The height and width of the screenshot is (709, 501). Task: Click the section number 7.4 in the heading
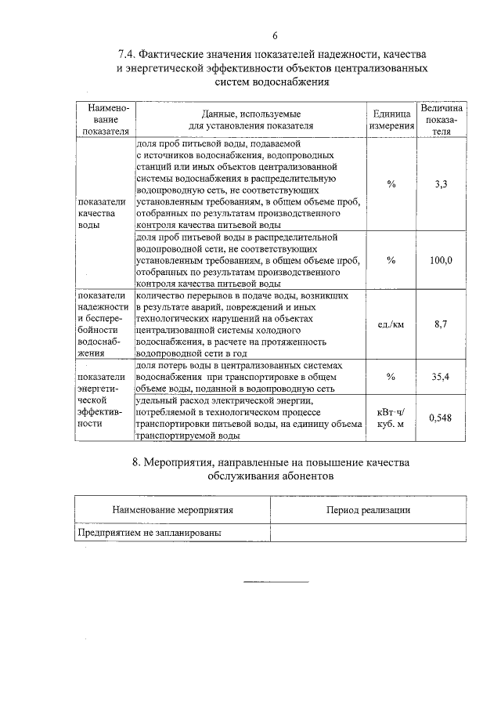pos(127,55)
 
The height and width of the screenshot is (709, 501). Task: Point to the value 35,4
pos(442,377)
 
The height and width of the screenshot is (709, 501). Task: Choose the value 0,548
pos(442,418)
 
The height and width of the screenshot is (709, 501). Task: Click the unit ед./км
pos(391,324)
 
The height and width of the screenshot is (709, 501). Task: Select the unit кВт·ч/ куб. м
pos(391,418)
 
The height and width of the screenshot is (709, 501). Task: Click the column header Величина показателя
pos(442,119)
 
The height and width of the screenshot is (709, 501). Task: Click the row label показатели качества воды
pos(96,212)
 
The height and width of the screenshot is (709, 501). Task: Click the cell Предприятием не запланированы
pos(148,532)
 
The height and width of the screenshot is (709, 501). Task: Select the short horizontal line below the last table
pos(276,581)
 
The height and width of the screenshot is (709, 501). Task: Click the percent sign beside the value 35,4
pos(391,377)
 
